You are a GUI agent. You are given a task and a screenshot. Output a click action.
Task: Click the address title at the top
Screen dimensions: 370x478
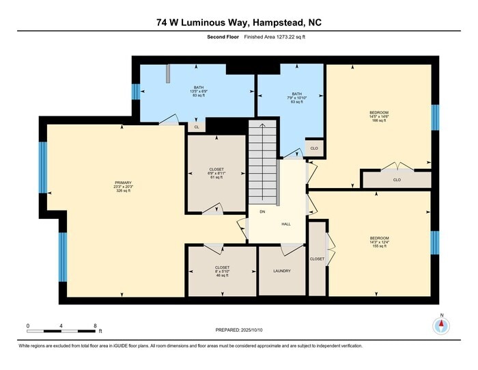238,23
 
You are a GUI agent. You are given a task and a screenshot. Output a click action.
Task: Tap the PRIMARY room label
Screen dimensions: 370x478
123,187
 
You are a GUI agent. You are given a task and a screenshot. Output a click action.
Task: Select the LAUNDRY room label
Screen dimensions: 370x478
281,271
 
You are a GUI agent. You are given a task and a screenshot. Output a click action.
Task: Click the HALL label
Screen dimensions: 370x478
286,224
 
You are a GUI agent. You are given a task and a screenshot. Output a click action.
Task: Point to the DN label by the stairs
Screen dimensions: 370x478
262,211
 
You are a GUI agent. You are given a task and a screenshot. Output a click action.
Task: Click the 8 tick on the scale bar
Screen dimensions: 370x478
95,326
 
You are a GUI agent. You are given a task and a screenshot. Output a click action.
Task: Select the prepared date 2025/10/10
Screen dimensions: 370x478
238,329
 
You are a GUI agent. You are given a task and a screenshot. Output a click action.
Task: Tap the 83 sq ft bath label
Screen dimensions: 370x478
198,91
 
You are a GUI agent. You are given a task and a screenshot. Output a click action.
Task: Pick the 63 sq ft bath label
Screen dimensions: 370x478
296,98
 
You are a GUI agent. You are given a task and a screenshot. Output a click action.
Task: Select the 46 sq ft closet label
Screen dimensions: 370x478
222,271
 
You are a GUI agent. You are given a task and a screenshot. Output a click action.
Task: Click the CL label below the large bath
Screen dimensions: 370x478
197,127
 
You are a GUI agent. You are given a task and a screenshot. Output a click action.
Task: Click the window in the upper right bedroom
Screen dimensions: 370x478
434,117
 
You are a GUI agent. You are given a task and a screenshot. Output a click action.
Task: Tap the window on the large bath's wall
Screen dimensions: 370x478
135,91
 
